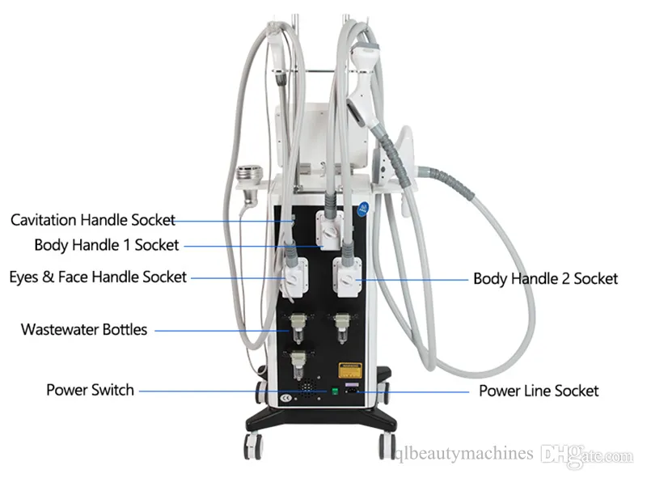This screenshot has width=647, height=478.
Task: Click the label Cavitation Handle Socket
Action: [x=92, y=220]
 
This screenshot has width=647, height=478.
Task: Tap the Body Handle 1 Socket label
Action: [x=107, y=245]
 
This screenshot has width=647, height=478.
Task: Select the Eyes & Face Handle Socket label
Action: [x=98, y=277]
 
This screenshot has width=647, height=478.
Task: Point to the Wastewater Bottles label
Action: [x=84, y=329]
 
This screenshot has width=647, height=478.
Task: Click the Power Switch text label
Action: [x=90, y=390]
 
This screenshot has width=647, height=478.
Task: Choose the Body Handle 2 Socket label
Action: [x=545, y=278]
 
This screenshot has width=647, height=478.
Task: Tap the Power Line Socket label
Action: [x=539, y=391]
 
